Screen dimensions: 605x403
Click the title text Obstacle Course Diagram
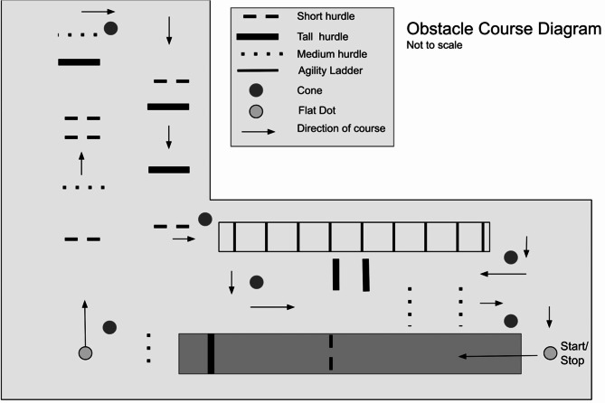(x=503, y=29)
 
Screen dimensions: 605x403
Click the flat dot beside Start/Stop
(x=550, y=352)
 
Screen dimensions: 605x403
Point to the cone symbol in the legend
(x=256, y=90)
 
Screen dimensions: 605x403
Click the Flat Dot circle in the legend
(x=256, y=110)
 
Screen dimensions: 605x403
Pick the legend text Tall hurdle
(x=323, y=35)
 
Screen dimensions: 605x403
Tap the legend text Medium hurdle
(x=329, y=53)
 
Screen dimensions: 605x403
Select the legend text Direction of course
(x=341, y=128)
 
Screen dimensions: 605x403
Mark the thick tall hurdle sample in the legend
(x=256, y=36)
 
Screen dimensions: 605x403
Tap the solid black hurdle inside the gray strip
(x=211, y=353)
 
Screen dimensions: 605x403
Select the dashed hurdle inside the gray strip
(x=331, y=352)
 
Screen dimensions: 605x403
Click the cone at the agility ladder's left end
(x=205, y=219)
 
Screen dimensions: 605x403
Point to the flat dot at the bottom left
(x=85, y=352)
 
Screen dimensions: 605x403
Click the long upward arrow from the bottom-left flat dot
(x=85, y=321)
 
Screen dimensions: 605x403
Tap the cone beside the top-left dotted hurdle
(x=110, y=28)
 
